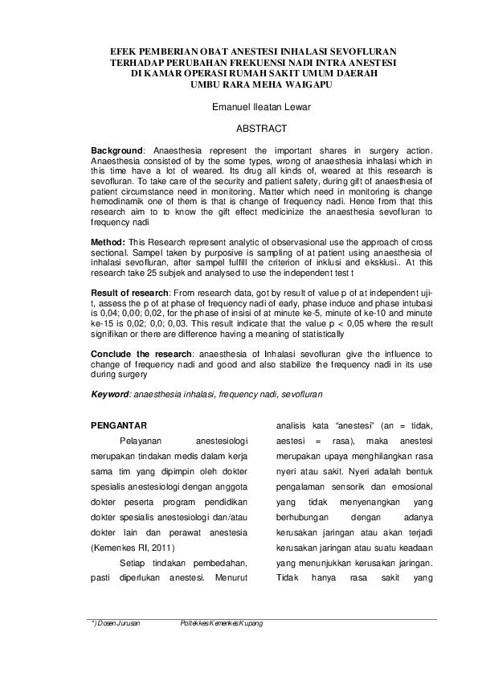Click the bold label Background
click(x=116, y=150)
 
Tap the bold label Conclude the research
click(x=141, y=353)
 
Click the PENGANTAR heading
click(x=117, y=425)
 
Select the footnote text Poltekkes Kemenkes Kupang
click(x=222, y=623)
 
